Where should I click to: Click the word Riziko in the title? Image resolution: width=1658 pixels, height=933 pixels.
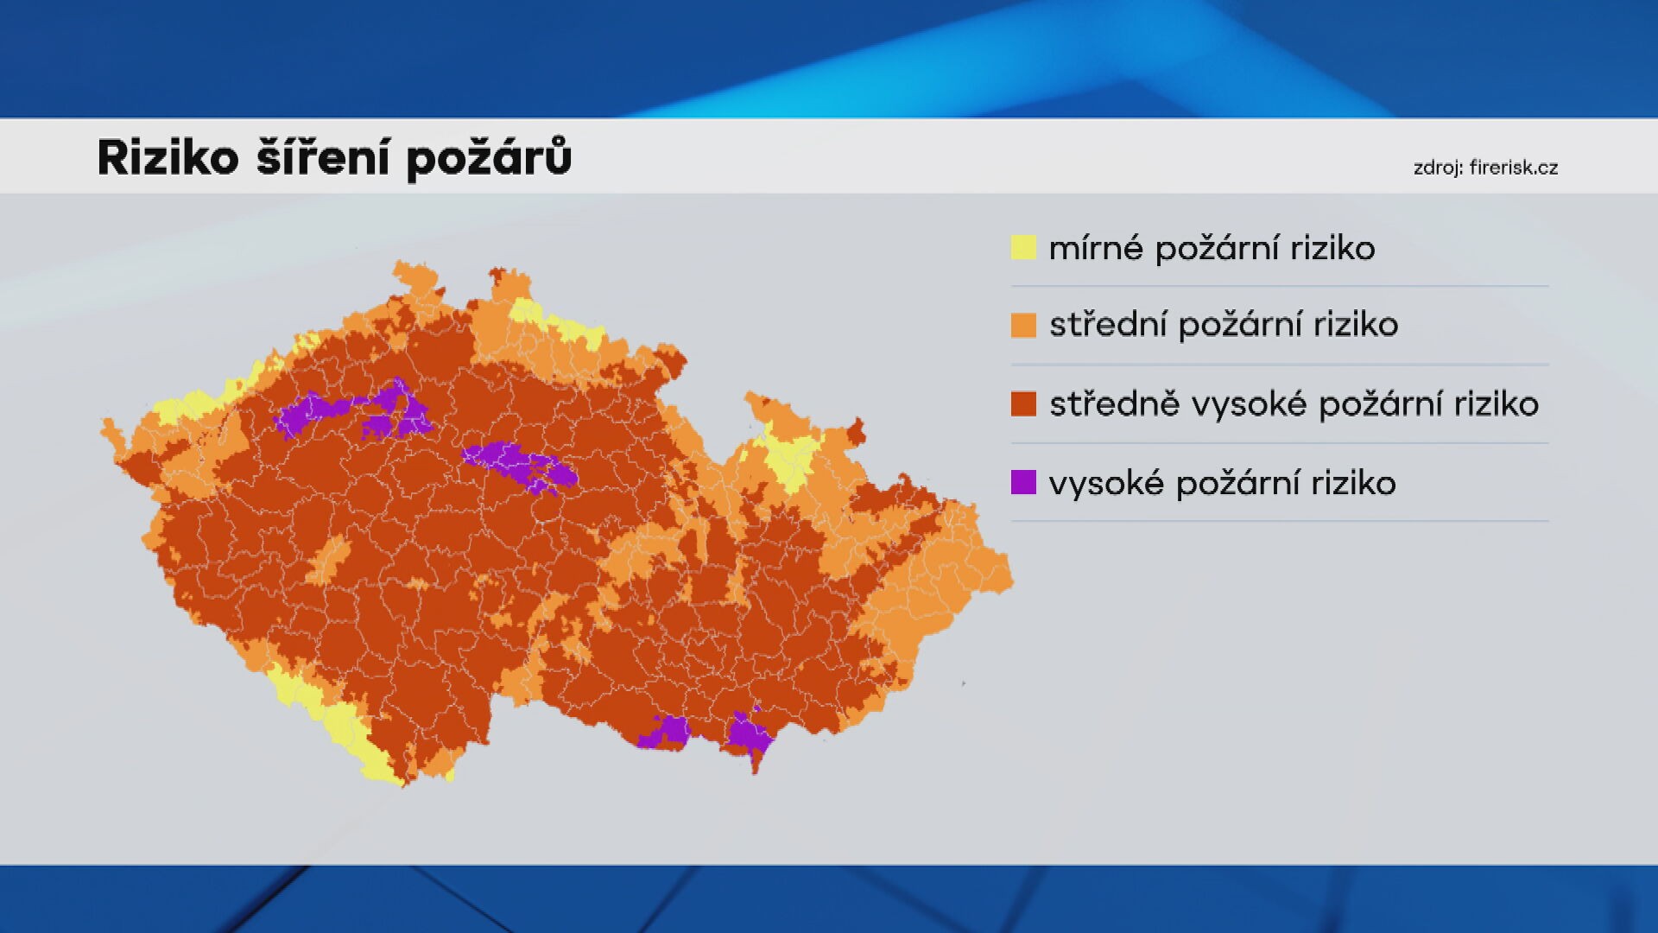point(168,158)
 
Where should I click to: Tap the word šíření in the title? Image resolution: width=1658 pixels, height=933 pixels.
point(322,158)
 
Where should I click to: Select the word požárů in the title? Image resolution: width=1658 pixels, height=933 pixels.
point(489,158)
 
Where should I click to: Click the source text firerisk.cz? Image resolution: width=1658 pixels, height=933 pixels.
point(1513,168)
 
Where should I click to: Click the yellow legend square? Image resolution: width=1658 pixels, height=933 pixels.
point(1023,248)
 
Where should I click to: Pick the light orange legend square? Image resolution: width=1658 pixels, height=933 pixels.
point(1023,325)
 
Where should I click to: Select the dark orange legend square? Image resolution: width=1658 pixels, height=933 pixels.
point(1023,403)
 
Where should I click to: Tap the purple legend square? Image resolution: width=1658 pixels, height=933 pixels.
point(1023,482)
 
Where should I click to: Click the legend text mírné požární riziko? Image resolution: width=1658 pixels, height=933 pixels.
point(1212,249)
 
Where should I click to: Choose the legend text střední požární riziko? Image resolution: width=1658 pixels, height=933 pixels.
point(1224,325)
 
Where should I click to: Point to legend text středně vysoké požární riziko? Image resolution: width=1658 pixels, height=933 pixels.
point(1294,404)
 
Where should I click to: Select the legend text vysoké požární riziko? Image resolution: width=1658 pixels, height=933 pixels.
point(1222,483)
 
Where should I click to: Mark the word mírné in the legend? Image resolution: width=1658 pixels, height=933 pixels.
point(1095,249)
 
